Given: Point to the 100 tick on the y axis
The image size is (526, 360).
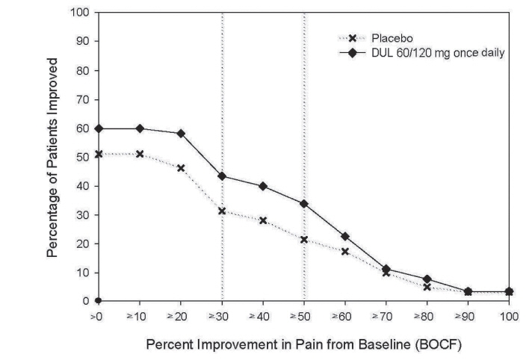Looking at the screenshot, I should (81, 13).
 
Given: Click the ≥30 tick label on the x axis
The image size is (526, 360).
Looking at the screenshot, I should (222, 317).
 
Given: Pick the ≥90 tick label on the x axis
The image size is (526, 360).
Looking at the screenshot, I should (467, 317).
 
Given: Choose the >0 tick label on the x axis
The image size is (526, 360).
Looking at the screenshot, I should (99, 317).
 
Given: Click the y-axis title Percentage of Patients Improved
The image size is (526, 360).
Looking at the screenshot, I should (52, 157).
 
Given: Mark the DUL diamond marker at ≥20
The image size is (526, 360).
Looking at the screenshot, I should (181, 134).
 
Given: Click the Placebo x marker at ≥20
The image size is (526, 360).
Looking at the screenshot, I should (181, 168).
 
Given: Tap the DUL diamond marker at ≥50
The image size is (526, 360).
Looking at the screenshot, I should (303, 203).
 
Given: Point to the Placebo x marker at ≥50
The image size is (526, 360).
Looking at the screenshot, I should (303, 239).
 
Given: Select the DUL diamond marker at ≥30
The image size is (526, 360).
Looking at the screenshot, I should (222, 176).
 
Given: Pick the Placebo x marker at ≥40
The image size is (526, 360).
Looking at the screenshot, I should (263, 220).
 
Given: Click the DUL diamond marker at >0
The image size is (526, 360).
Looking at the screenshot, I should (99, 128).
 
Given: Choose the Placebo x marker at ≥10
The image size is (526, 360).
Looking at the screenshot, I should (140, 154).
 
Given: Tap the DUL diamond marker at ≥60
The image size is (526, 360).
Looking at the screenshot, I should (344, 236).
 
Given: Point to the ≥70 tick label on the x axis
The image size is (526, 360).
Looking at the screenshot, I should (386, 317).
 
